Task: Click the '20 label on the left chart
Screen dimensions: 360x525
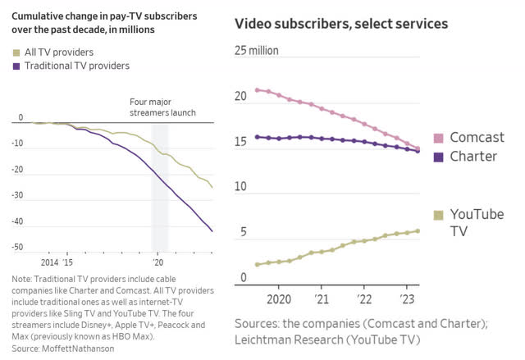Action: [157, 262]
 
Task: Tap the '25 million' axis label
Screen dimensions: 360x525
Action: [257, 51]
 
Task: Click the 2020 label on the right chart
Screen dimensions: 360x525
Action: [279, 298]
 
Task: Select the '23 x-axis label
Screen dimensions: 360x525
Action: [406, 298]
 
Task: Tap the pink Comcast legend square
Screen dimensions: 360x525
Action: [439, 138]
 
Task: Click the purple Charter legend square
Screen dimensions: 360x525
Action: [439, 156]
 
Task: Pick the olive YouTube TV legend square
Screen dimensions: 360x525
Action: [439, 215]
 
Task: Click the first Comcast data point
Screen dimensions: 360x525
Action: [258, 90]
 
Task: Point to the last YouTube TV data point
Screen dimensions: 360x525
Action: [418, 230]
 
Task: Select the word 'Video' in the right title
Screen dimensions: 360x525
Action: [255, 23]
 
